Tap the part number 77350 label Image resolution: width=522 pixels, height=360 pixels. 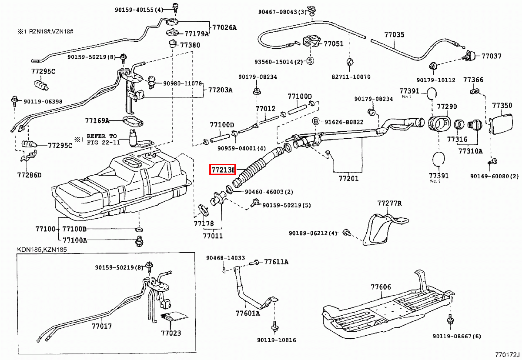click(502, 105)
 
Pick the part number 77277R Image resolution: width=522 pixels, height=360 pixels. click(389, 203)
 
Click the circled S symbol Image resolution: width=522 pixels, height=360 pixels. click(310, 61)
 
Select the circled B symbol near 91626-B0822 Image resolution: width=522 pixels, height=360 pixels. click(316, 121)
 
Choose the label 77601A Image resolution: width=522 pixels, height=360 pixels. click(248, 313)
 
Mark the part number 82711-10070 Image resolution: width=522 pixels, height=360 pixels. click(351, 77)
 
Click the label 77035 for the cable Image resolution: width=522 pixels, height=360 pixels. click(394, 34)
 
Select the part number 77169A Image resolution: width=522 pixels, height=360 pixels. click(97, 120)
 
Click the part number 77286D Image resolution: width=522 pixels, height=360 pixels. click(29, 175)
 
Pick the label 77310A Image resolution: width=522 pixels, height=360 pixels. click(470, 151)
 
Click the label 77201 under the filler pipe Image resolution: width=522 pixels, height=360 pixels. click(348, 178)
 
